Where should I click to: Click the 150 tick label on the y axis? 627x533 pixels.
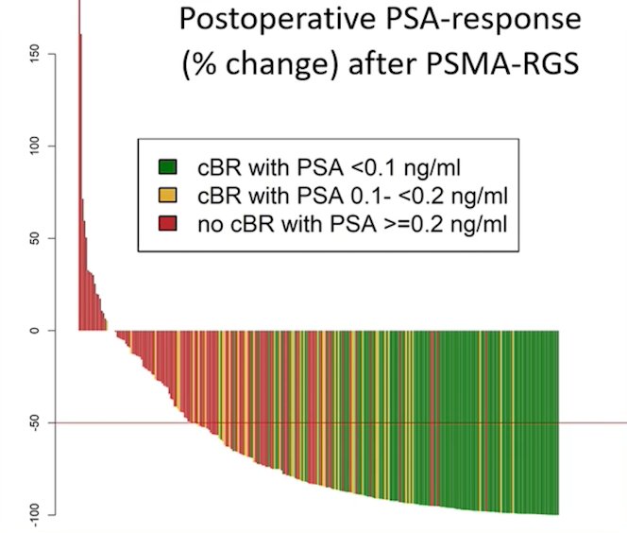pyautogui.click(x=34, y=54)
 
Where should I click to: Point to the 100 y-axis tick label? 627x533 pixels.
pyautogui.click(x=34, y=146)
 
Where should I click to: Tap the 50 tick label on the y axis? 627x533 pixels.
pyautogui.click(x=34, y=238)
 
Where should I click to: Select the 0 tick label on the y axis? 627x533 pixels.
pyautogui.click(x=34, y=331)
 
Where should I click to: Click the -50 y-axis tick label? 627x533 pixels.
pyautogui.click(x=34, y=423)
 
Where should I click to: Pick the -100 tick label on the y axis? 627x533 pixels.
pyautogui.click(x=34, y=515)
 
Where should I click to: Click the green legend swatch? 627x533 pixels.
pyautogui.click(x=167, y=167)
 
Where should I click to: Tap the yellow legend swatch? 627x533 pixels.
pyautogui.click(x=167, y=196)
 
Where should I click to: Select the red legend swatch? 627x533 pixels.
pyautogui.click(x=167, y=223)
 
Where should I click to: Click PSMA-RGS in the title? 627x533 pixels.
pyautogui.click(x=502, y=63)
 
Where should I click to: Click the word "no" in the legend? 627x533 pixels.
pyautogui.click(x=211, y=225)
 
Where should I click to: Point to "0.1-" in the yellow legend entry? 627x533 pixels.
pyautogui.click(x=368, y=196)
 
